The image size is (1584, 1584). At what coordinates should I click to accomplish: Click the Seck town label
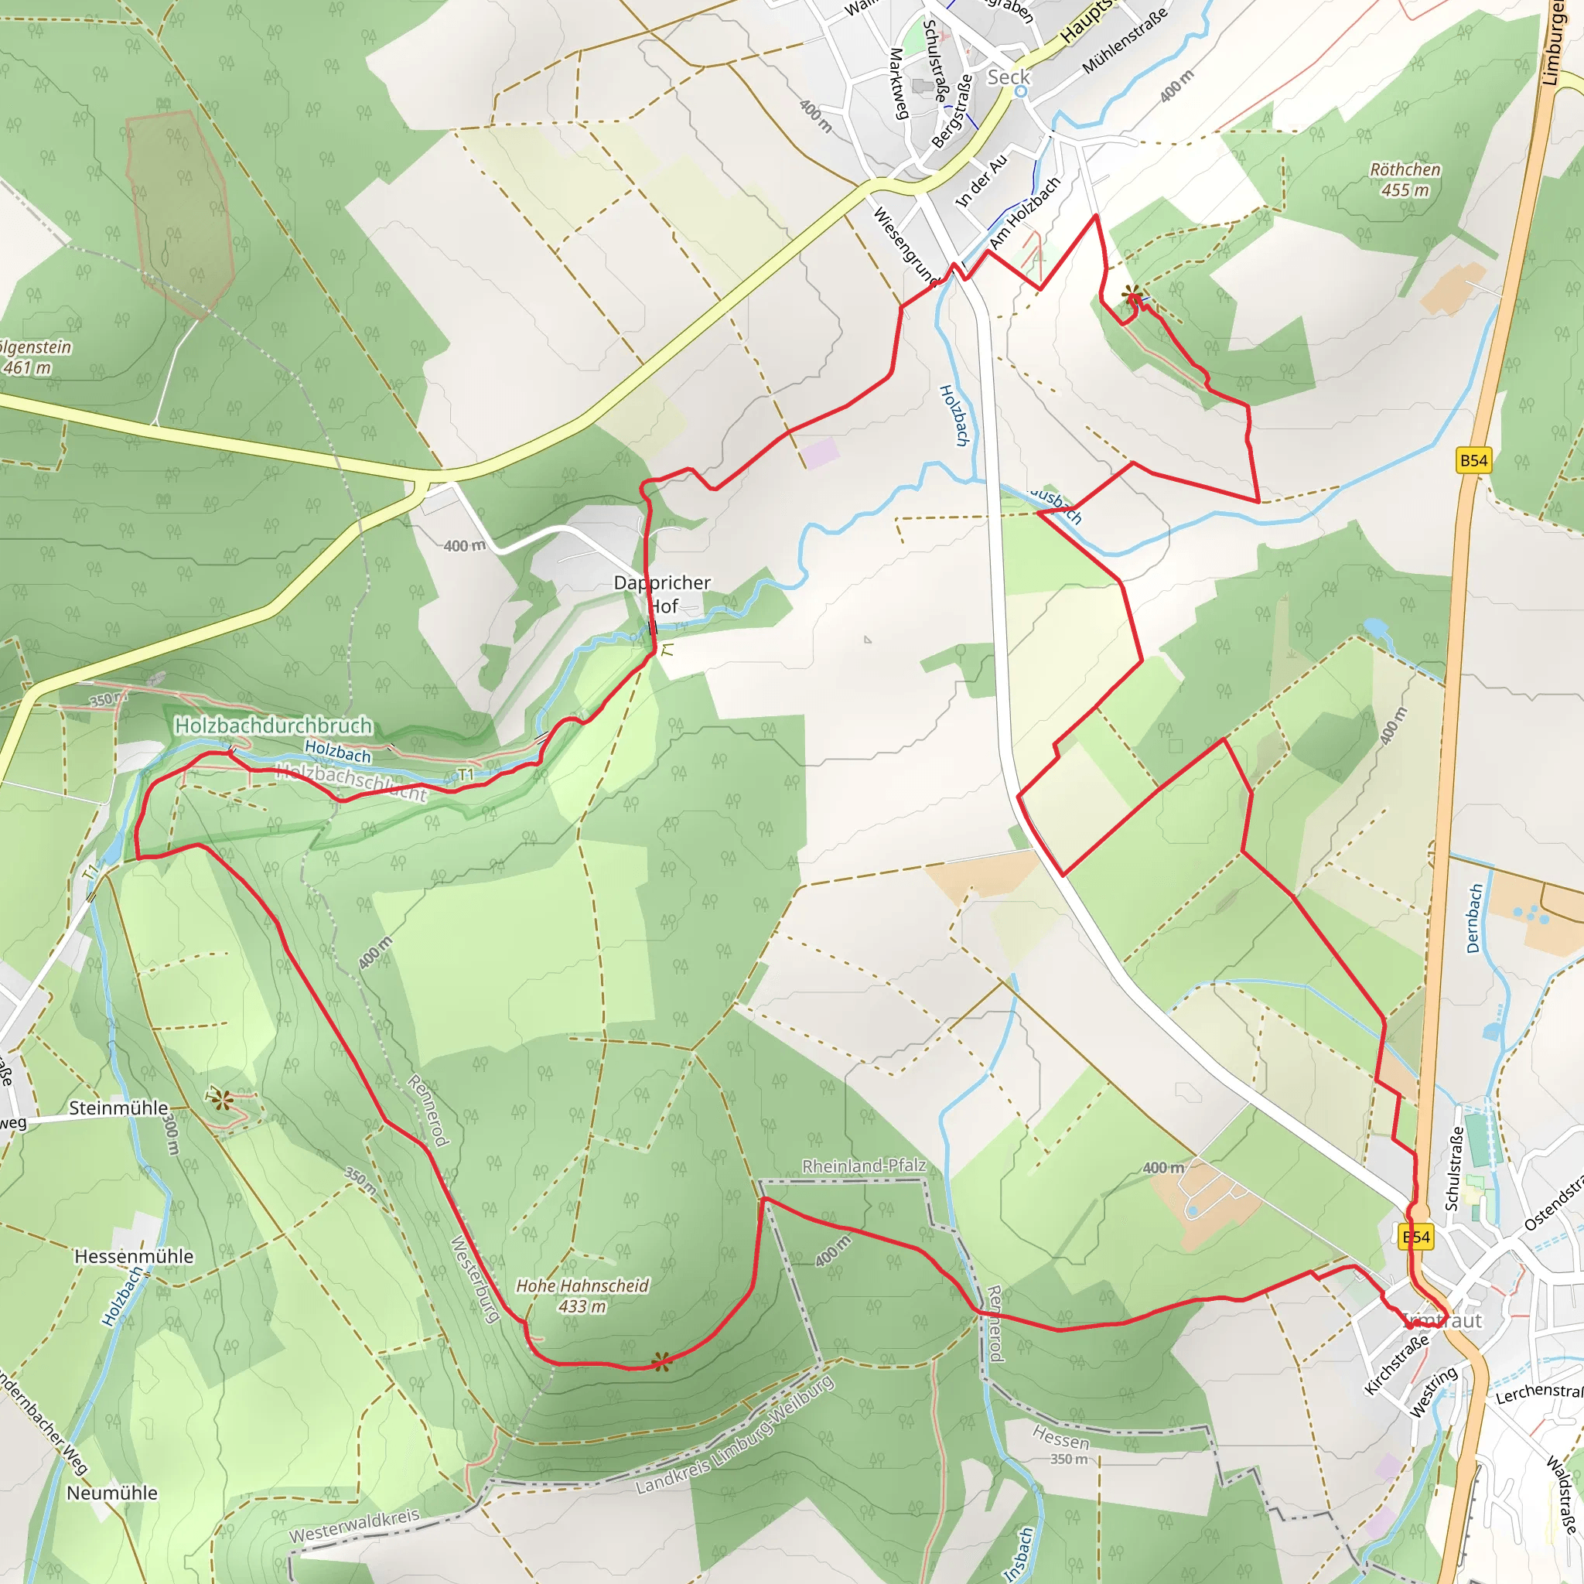1008,77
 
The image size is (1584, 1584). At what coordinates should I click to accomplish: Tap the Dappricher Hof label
663,595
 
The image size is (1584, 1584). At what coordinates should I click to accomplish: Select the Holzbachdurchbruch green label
274,725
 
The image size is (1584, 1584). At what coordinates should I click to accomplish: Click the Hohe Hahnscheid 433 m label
582,1296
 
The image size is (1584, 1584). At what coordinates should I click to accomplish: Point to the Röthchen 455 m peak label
1405,179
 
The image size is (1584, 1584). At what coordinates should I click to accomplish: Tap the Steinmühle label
118,1108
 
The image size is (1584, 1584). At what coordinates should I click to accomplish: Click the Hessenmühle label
134,1257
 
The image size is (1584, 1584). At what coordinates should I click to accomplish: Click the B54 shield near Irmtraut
1416,1237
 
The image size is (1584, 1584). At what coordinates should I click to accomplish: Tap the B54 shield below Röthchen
1473,460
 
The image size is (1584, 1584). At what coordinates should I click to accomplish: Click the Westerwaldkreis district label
354,1526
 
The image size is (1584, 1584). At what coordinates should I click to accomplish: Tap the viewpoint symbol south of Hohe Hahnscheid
661,1363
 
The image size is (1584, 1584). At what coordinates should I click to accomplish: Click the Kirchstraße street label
1397,1364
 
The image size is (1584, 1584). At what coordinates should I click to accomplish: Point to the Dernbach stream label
1475,918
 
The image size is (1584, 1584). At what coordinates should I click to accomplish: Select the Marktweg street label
900,84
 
